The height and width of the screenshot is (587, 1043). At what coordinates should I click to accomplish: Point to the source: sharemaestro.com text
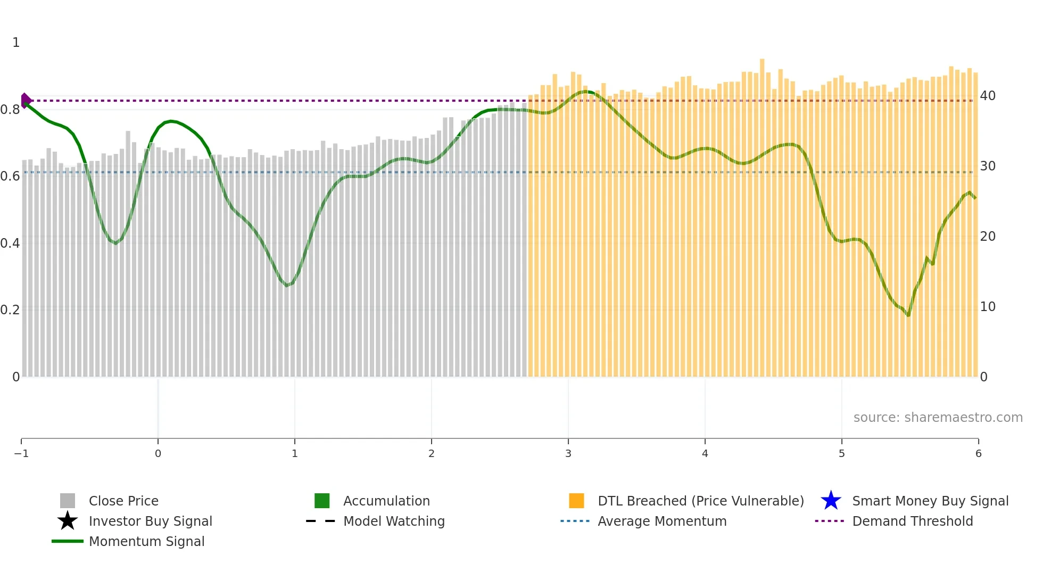click(x=938, y=418)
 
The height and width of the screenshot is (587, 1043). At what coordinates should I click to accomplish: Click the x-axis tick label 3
click(x=568, y=453)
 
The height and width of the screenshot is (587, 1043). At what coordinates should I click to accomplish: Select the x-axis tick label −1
click(x=21, y=453)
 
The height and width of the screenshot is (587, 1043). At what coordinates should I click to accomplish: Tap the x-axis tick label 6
click(x=978, y=453)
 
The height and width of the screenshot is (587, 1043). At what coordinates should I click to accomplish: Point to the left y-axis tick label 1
click(x=16, y=43)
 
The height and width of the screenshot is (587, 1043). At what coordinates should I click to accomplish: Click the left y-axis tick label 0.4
click(x=10, y=243)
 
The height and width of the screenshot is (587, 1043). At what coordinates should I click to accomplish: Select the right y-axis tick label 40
click(x=988, y=96)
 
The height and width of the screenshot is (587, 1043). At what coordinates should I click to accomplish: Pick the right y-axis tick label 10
click(x=988, y=307)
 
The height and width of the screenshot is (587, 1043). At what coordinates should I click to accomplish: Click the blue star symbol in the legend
click(x=831, y=501)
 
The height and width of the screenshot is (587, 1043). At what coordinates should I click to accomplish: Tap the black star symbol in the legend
click(x=68, y=521)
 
